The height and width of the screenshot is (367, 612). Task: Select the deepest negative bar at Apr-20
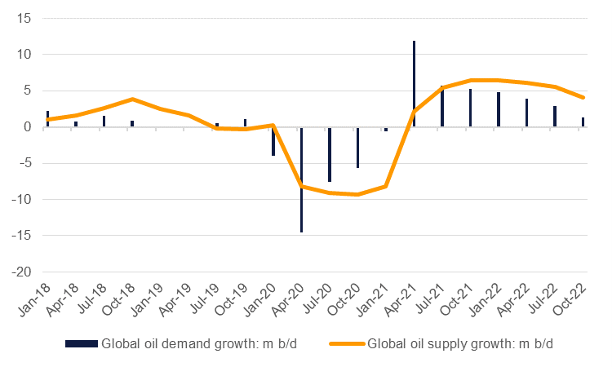click(301, 179)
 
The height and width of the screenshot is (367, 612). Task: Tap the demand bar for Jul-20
click(330, 154)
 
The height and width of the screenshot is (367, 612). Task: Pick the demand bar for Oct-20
click(357, 148)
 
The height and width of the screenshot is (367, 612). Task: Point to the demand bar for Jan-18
click(48, 119)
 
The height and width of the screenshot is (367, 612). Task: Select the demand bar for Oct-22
click(583, 122)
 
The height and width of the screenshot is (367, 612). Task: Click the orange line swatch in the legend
click(347, 343)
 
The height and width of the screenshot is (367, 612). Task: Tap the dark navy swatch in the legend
click(81, 343)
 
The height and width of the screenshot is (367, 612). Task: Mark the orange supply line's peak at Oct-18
click(132, 99)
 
